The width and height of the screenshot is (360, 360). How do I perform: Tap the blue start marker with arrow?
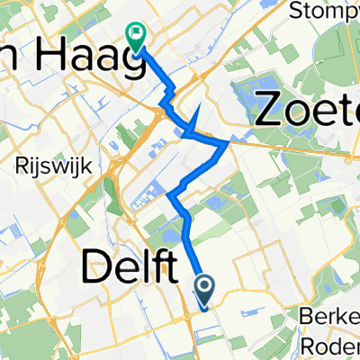pyautogui.click(x=204, y=289)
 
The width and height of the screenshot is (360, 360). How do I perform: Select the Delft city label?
pyautogui.click(x=130, y=267)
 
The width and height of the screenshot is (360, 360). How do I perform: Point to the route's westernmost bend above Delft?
pyautogui.click(x=169, y=193)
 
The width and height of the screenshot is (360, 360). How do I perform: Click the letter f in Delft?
pyautogui.click(x=158, y=266)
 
